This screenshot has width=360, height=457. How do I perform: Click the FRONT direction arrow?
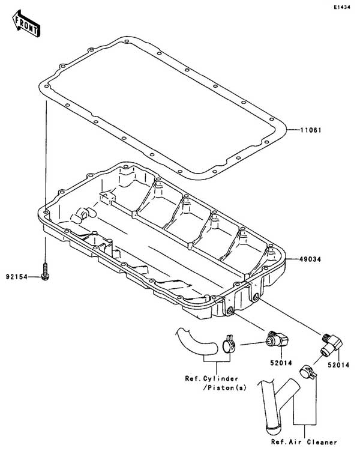pyautogui.click(x=26, y=24)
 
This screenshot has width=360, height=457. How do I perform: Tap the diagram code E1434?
pyautogui.click(x=342, y=7)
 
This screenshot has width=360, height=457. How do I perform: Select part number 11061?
pyautogui.click(x=311, y=130)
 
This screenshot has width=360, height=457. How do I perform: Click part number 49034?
pyautogui.click(x=310, y=259)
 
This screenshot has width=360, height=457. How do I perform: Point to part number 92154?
pyautogui.click(x=17, y=277)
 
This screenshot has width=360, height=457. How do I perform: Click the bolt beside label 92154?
pyautogui.click(x=45, y=271)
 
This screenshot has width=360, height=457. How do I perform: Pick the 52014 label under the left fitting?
pyautogui.click(x=281, y=363)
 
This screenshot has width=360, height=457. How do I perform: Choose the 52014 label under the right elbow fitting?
pyautogui.click(x=338, y=365)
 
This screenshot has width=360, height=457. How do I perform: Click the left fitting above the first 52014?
pyautogui.click(x=277, y=338)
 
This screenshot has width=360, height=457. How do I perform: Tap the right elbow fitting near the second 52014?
pyautogui.click(x=332, y=344)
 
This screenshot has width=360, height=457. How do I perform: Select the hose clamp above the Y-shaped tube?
pyautogui.click(x=308, y=372)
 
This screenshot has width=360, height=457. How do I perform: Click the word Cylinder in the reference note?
pyautogui.click(x=220, y=378)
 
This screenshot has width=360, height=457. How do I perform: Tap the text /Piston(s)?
pyautogui.click(x=224, y=388)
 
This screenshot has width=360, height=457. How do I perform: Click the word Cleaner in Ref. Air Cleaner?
pyautogui.click(x=322, y=442)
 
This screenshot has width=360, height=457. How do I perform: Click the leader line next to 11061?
pyautogui.click(x=293, y=130)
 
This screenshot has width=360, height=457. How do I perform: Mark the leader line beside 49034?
pyautogui.click(x=292, y=259)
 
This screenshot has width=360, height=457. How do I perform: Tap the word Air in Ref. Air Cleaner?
pyautogui.click(x=295, y=442)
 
